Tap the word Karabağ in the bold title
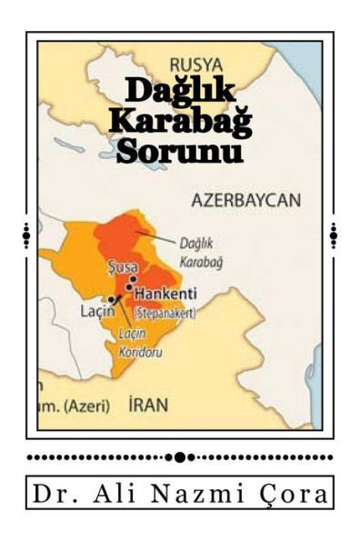[180, 121]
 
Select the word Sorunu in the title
[182, 150]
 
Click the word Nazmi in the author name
[187, 496]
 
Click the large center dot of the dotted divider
[180, 456]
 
